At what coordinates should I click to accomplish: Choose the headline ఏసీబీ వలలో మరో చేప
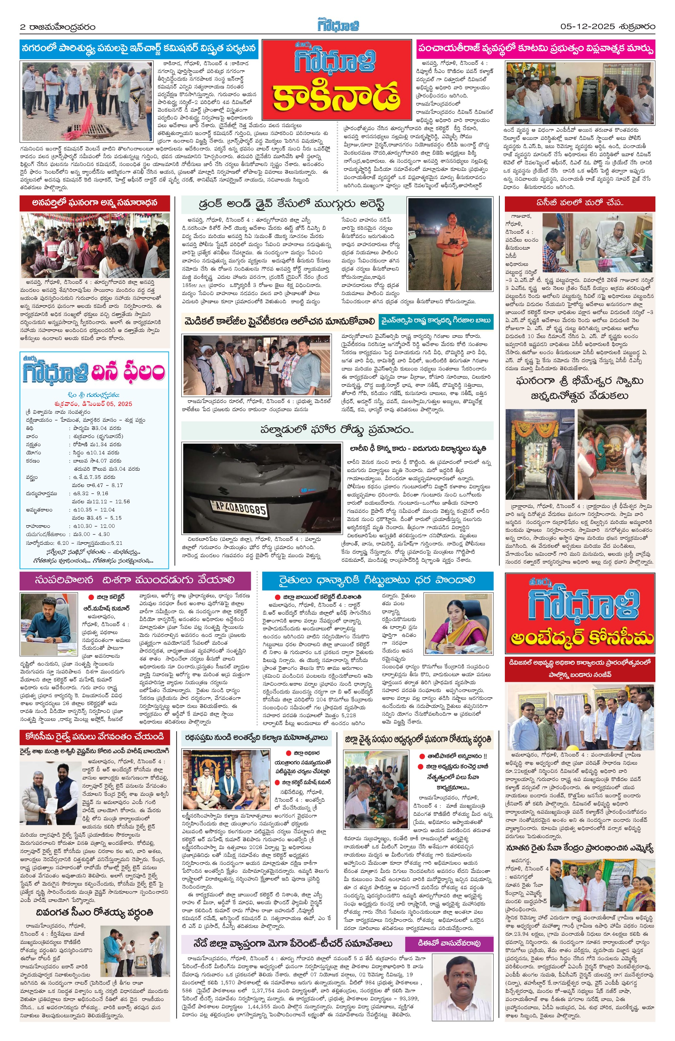pyautogui.click(x=580, y=203)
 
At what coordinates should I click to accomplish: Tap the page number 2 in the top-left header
pyautogui.click(x=23, y=27)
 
